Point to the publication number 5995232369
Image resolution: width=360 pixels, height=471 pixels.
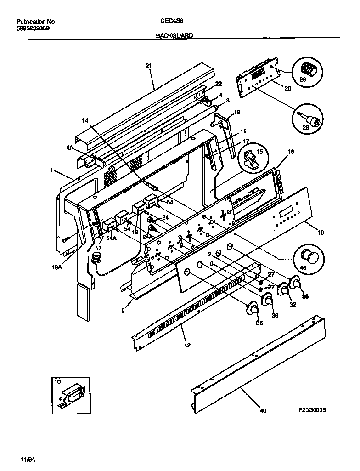(33, 28)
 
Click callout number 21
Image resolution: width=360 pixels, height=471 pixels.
(148, 66)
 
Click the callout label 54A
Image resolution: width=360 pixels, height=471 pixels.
(111, 239)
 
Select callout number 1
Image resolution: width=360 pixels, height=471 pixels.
(52, 170)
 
